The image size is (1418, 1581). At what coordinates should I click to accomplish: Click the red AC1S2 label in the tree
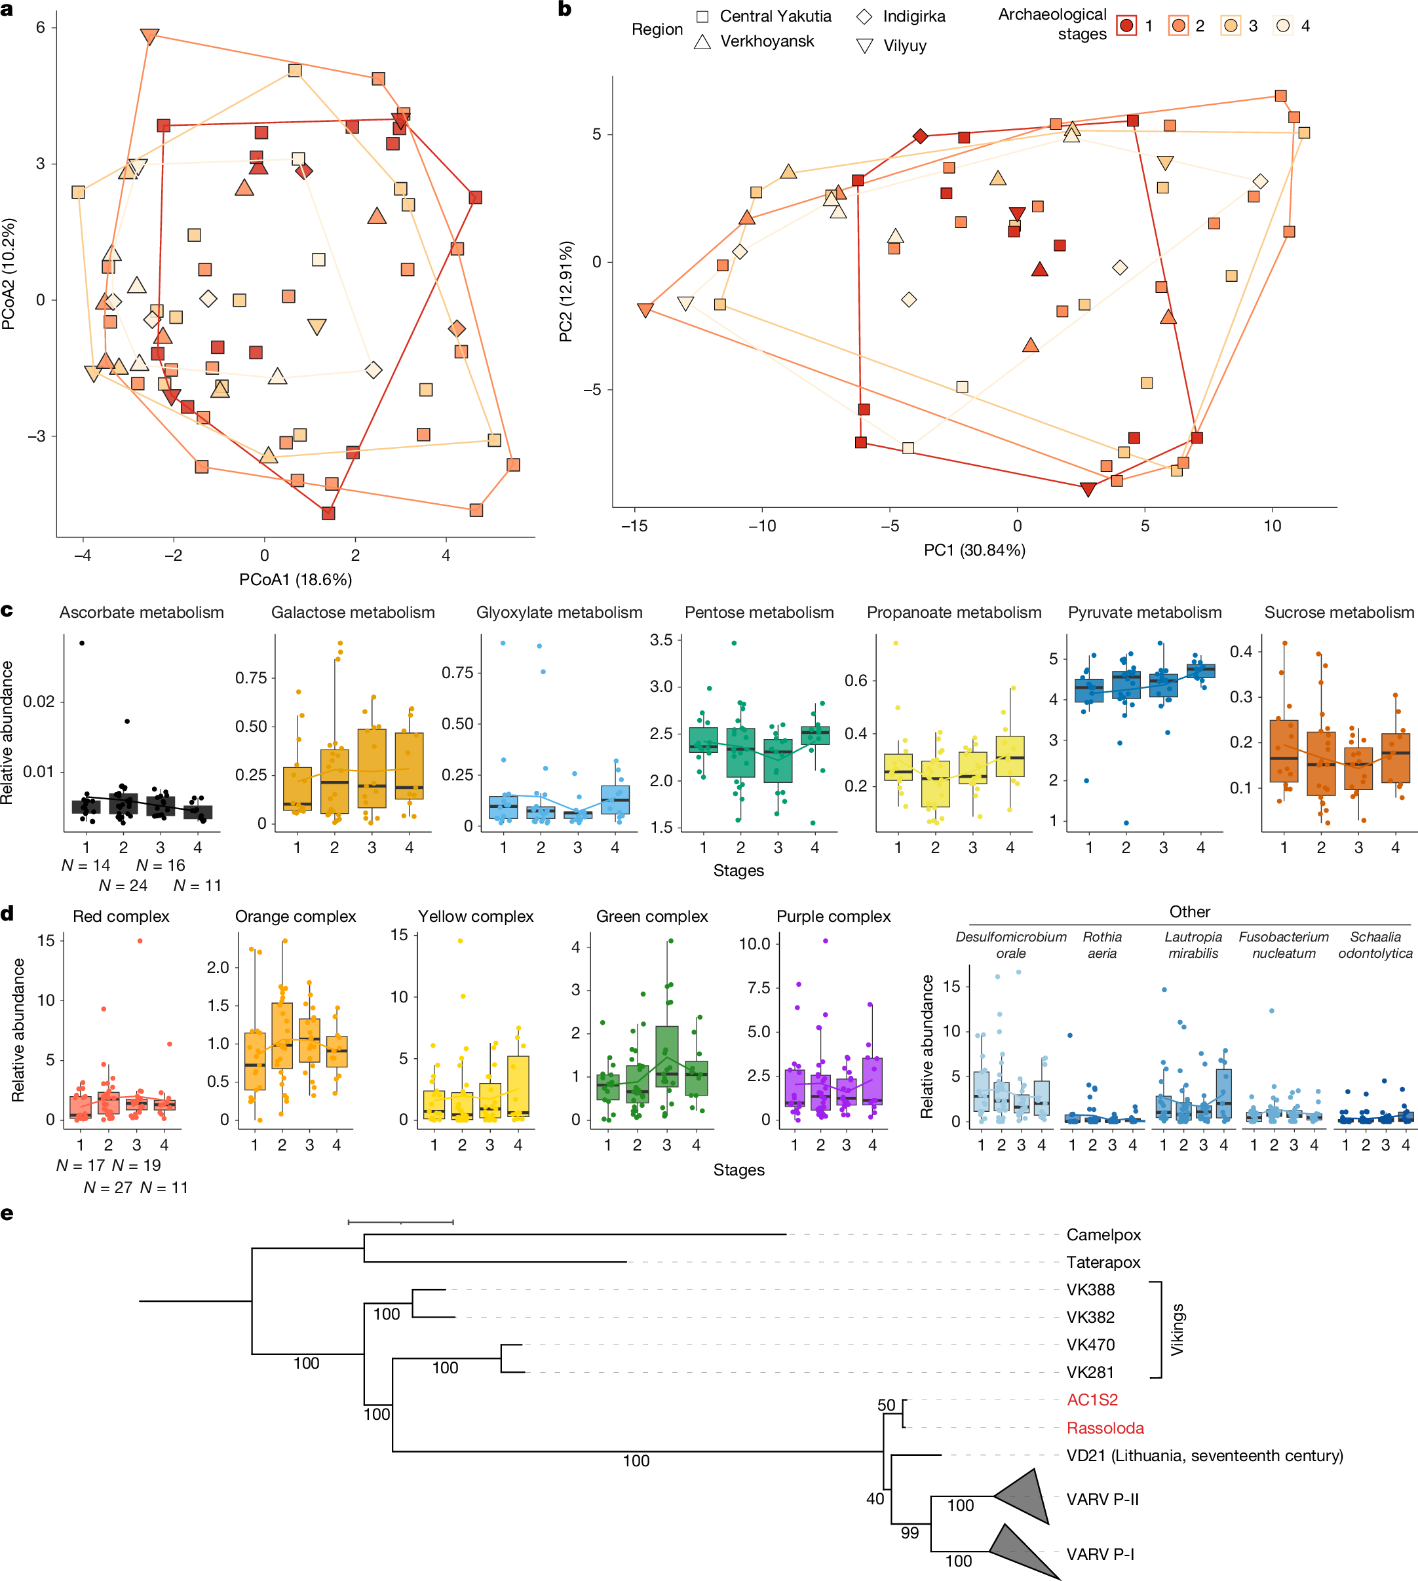[x=1092, y=1400]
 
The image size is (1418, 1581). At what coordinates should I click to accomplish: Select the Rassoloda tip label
[x=1105, y=1428]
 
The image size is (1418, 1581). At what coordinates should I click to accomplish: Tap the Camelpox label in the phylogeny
[x=1103, y=1234]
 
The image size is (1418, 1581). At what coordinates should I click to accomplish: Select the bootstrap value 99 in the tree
[x=910, y=1533]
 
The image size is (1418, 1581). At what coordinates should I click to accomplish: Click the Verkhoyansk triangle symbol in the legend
[x=702, y=41]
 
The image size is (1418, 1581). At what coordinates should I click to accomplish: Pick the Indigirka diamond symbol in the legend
[x=864, y=16]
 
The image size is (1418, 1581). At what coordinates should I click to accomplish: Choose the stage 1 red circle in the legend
[x=1126, y=26]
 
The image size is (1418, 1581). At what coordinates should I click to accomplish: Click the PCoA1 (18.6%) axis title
[x=296, y=579]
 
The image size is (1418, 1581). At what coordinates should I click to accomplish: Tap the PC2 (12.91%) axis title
[x=565, y=292]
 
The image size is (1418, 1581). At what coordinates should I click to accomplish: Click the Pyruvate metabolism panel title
[x=1145, y=613]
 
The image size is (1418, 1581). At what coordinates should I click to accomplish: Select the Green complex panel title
[x=651, y=917]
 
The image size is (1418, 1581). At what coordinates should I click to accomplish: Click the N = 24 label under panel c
[x=123, y=885]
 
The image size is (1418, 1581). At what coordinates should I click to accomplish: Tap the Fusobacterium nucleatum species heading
[x=1283, y=944]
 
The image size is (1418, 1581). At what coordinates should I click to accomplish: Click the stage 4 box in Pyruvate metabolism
[x=1200, y=670]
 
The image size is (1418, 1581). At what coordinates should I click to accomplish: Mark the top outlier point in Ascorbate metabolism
[x=82, y=643]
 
